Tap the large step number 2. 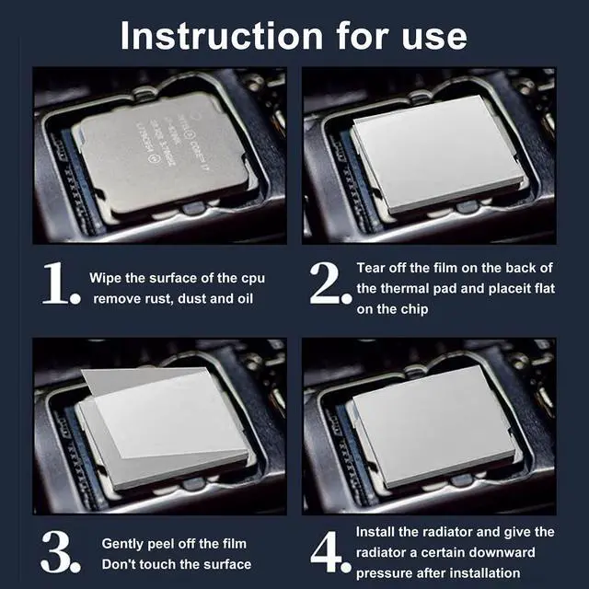[330, 286]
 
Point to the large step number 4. [330, 553]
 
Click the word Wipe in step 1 [106, 277]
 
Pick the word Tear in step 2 [372, 268]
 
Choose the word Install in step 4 [378, 532]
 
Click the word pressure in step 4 [387, 573]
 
